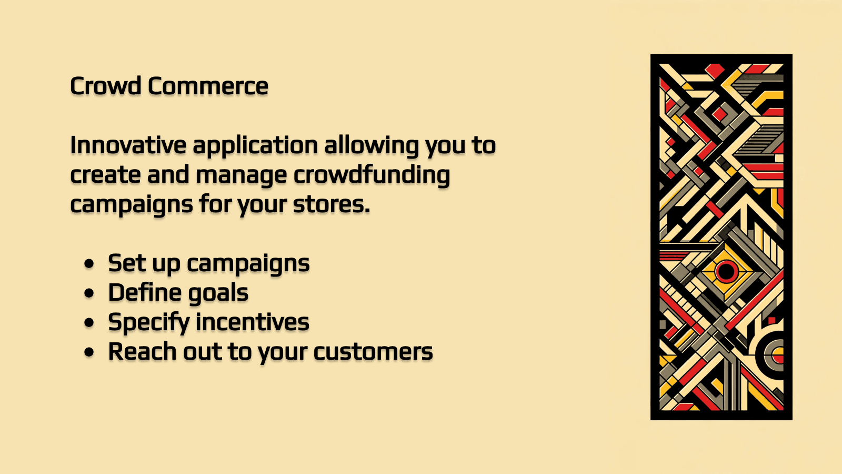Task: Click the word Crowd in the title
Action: tap(106, 86)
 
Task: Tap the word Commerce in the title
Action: tap(208, 86)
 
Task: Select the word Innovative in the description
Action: tap(128, 145)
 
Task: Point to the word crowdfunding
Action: tap(372, 175)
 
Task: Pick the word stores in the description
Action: tap(331, 204)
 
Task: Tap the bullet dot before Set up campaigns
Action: tap(89, 263)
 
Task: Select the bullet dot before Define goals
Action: tap(89, 293)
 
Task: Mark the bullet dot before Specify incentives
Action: tap(89, 322)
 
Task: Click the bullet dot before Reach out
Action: tap(89, 352)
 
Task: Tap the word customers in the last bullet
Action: tap(373, 352)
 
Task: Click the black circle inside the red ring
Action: tap(727, 272)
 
